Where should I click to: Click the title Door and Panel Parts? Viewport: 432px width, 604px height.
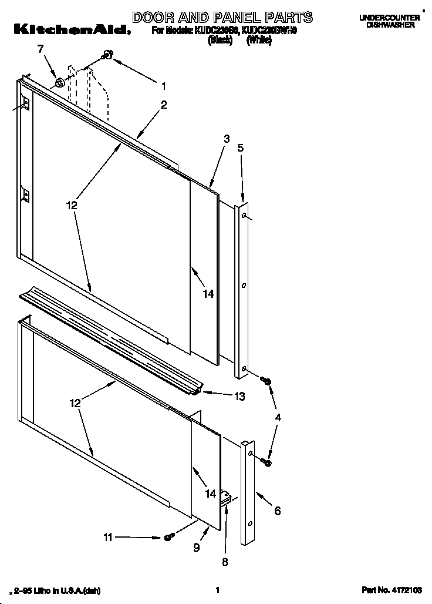(x=222, y=17)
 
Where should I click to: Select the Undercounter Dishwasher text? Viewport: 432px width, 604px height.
(x=390, y=22)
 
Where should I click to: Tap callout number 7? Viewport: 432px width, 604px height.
(x=41, y=49)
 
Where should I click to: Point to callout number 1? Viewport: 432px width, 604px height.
(x=164, y=86)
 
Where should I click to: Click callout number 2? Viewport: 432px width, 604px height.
(x=164, y=106)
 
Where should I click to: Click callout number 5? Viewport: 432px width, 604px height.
(x=241, y=148)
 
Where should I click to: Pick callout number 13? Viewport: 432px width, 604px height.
(x=239, y=396)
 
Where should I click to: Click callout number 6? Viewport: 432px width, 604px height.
(x=277, y=511)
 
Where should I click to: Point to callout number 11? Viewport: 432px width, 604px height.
(x=107, y=536)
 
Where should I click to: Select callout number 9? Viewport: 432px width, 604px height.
(x=196, y=548)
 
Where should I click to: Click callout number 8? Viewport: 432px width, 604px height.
(x=224, y=561)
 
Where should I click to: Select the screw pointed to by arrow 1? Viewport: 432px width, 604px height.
(x=107, y=55)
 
